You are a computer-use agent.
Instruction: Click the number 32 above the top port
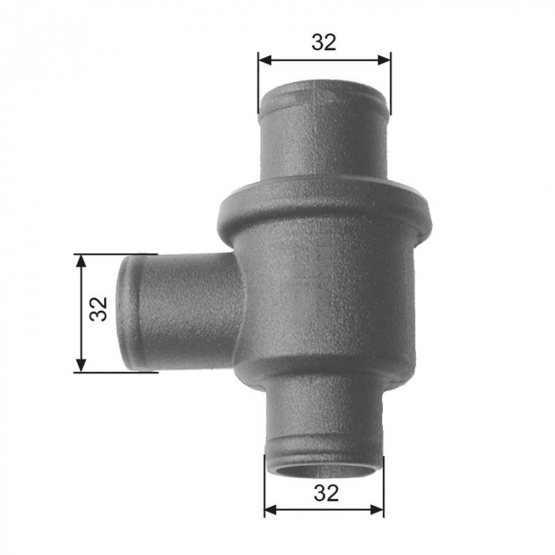coord(323,42)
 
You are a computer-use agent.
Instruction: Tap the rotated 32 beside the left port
coord(99,308)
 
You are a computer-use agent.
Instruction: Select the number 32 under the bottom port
coord(326,493)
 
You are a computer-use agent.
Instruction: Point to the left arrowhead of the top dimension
coord(265,60)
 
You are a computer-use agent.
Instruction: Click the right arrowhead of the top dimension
coord(384,60)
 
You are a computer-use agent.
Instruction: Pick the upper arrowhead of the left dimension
coord(81,261)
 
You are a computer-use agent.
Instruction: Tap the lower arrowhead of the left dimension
coord(81,366)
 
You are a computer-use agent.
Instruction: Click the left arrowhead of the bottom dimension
coord(271,510)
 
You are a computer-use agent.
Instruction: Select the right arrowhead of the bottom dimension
coord(377,510)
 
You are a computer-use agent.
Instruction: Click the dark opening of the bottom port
coord(323,472)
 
